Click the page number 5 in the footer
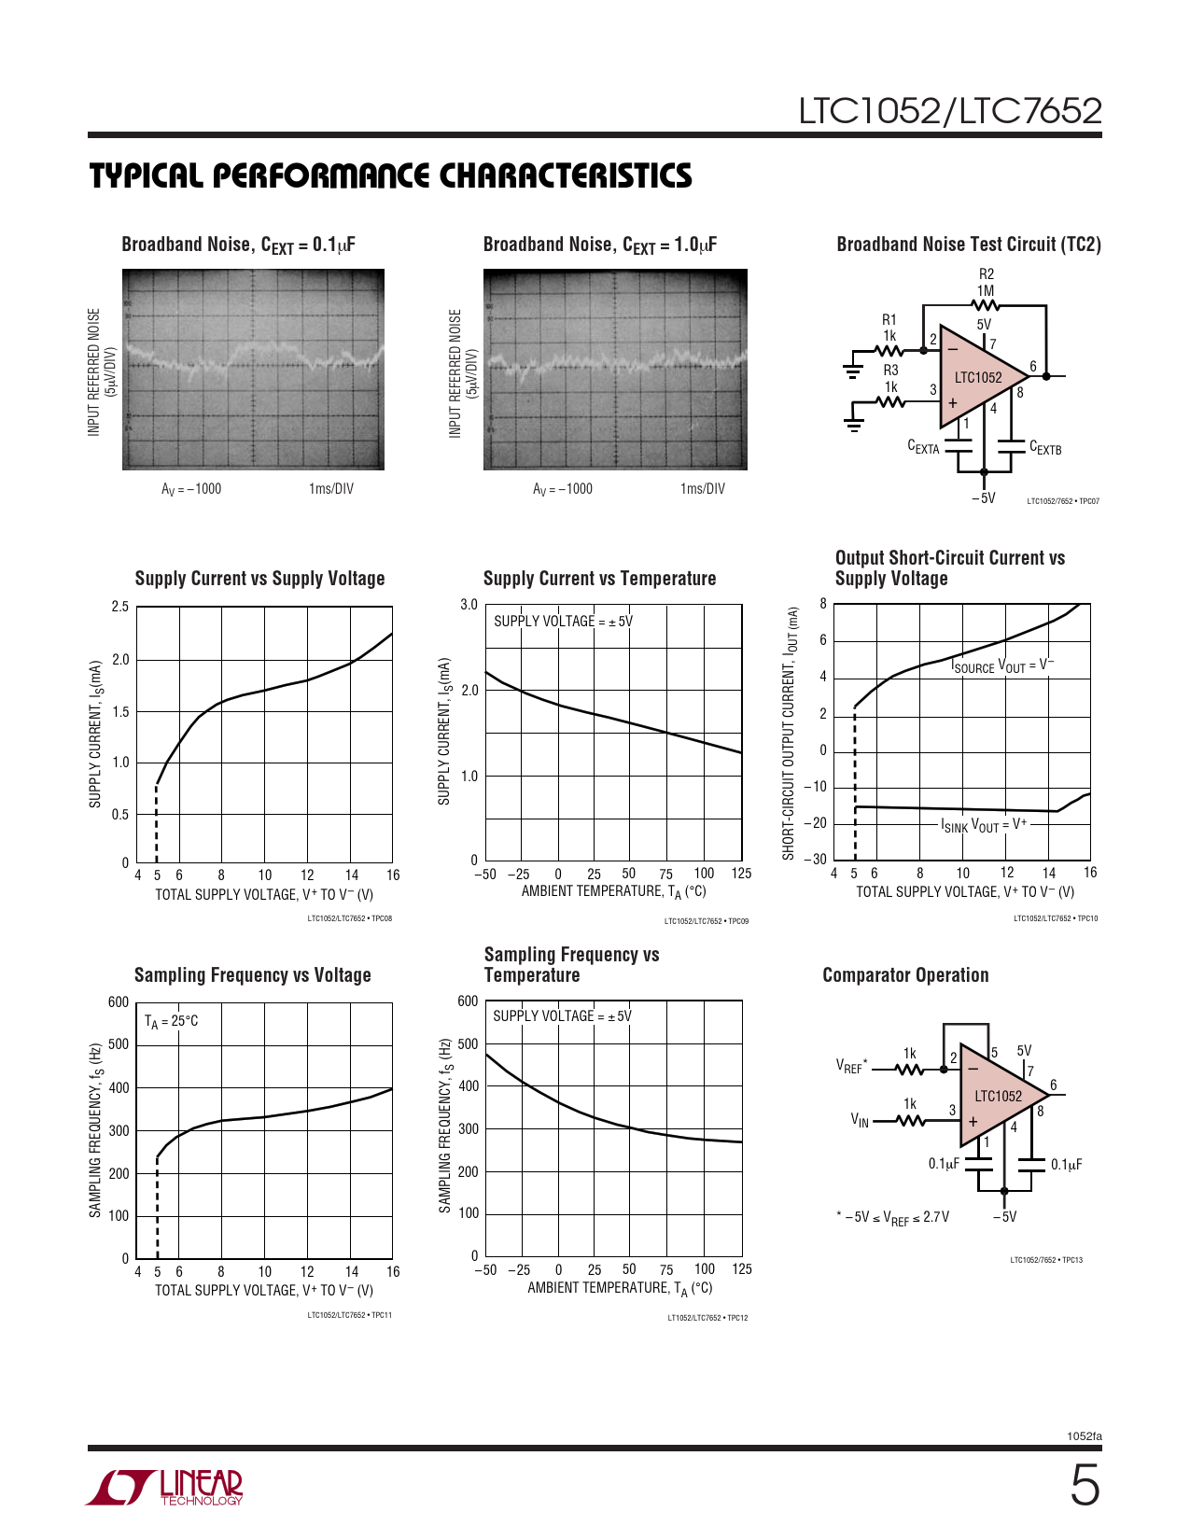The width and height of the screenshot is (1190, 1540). tap(1084, 1486)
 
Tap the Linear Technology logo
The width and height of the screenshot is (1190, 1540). tap(165, 1487)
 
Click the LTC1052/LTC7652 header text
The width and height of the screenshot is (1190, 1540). tap(949, 111)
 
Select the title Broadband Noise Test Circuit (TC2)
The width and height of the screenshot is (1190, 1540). tap(968, 245)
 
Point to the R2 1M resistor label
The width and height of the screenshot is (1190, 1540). tap(986, 282)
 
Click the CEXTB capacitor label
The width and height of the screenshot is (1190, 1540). tap(1044, 449)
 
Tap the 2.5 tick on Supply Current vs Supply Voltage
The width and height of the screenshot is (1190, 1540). tap(120, 607)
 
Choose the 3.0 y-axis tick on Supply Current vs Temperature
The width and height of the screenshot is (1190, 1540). tap(469, 605)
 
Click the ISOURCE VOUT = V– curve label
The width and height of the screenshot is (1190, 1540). tap(1001, 665)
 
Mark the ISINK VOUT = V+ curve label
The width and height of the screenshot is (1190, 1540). tap(983, 825)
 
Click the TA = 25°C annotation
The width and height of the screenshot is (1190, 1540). tap(171, 1021)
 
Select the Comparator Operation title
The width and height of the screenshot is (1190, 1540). tap(905, 975)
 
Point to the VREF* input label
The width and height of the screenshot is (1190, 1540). tap(851, 1066)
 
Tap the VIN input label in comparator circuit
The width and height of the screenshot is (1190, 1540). tap(860, 1119)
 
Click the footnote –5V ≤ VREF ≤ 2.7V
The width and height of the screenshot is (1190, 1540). tap(893, 1217)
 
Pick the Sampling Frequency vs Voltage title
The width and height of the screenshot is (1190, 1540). tap(252, 975)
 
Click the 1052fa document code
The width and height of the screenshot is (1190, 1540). tap(1084, 1436)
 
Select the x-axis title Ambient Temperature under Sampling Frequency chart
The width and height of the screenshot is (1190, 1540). tap(619, 1288)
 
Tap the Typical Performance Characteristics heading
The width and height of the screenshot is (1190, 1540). tap(390, 175)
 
